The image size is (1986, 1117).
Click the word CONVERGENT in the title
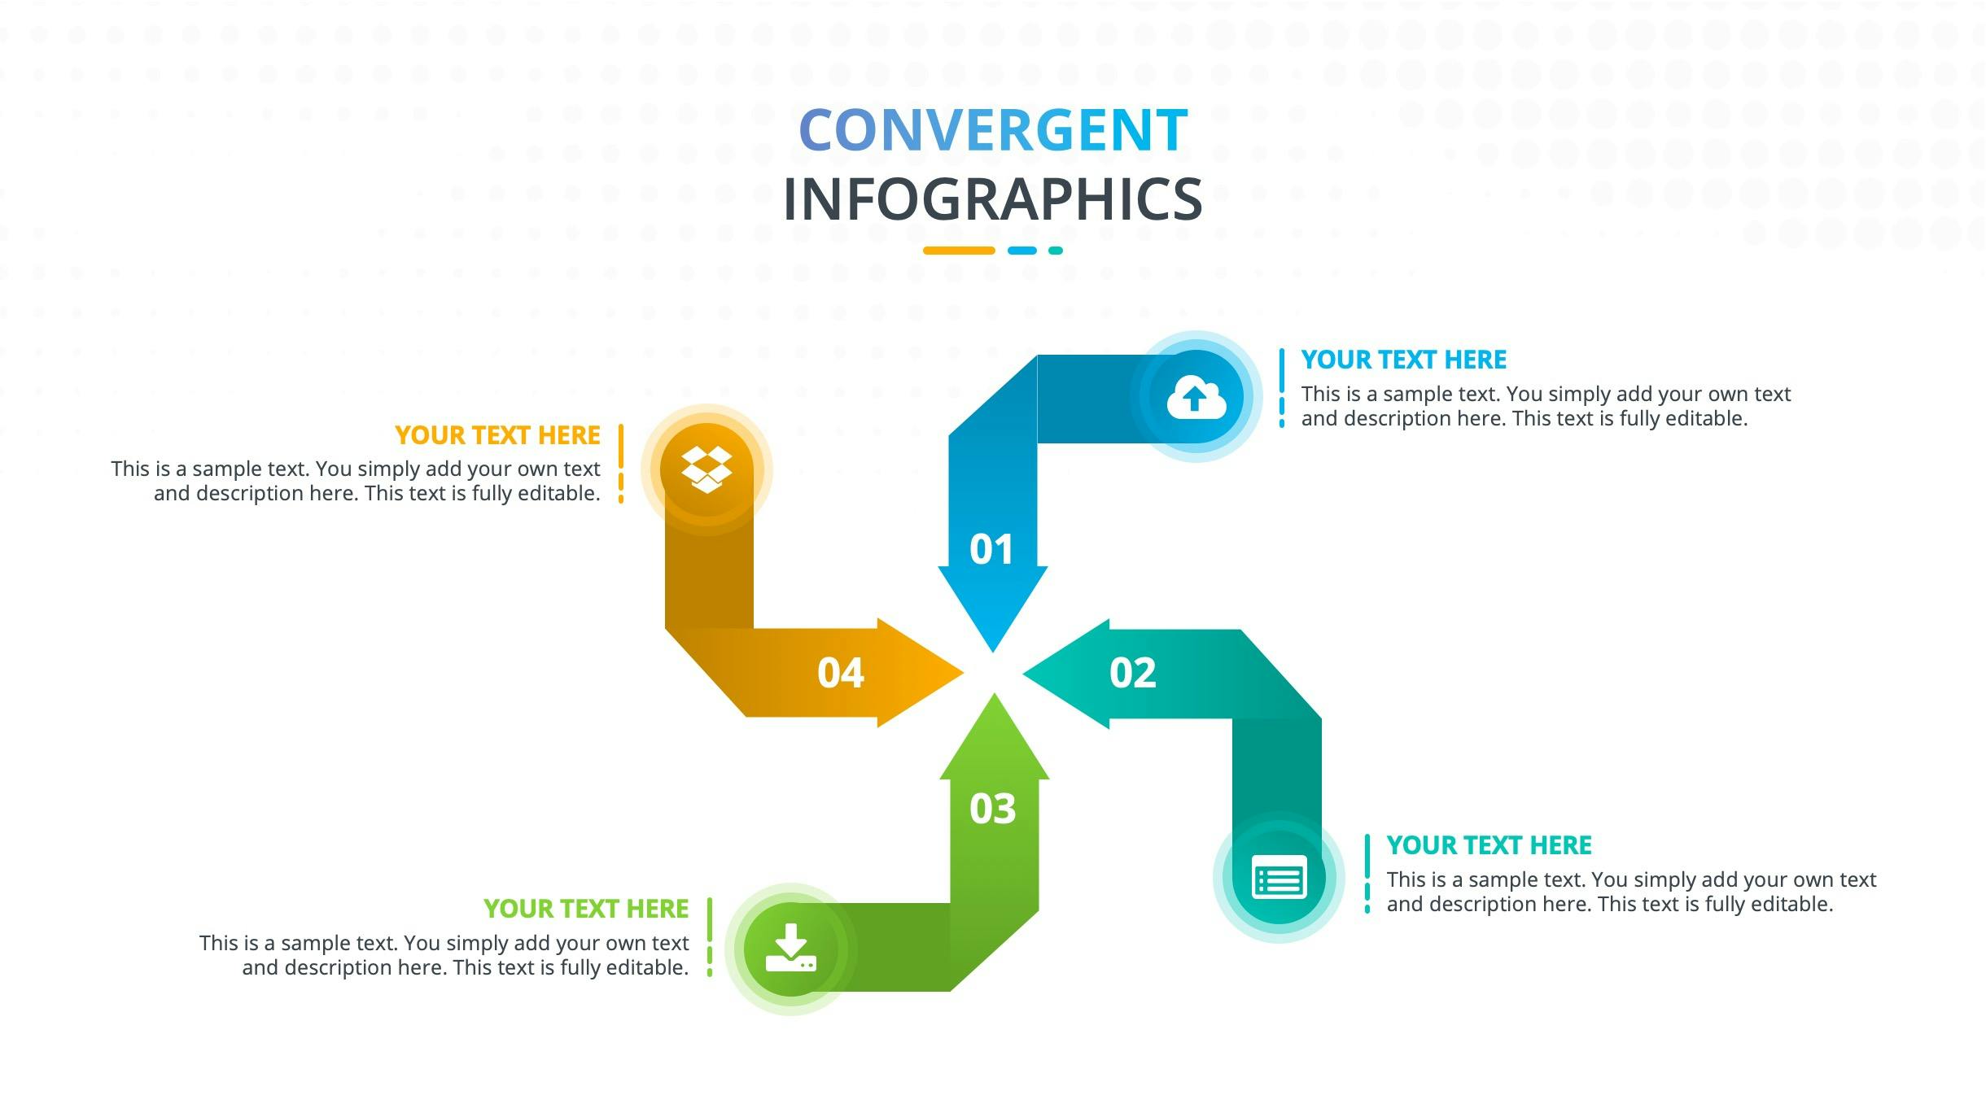993,130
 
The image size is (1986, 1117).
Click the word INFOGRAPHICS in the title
993,199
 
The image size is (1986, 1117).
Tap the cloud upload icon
1196,398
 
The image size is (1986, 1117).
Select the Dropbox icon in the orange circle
706,469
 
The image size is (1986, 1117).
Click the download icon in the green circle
790,948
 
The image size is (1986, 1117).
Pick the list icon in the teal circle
1279,878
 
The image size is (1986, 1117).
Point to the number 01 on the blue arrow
991,549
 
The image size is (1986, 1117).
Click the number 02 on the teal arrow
1132,673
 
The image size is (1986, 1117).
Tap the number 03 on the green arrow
993,809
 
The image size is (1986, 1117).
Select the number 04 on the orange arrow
840,673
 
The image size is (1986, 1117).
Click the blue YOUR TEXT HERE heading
1403,360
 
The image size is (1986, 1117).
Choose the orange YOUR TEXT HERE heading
497,435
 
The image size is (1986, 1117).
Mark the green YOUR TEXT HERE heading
586,909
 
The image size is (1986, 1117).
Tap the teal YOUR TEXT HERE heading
1489,845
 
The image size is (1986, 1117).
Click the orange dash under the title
959,251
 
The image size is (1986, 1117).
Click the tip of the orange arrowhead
965,673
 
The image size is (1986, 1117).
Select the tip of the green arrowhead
994,693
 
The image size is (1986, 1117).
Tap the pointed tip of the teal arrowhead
1022,673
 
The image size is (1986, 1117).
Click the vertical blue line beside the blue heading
1282,387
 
